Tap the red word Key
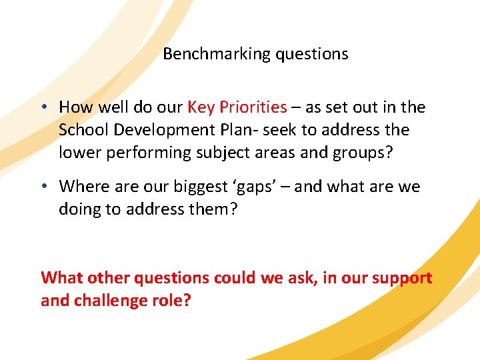[201, 107]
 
